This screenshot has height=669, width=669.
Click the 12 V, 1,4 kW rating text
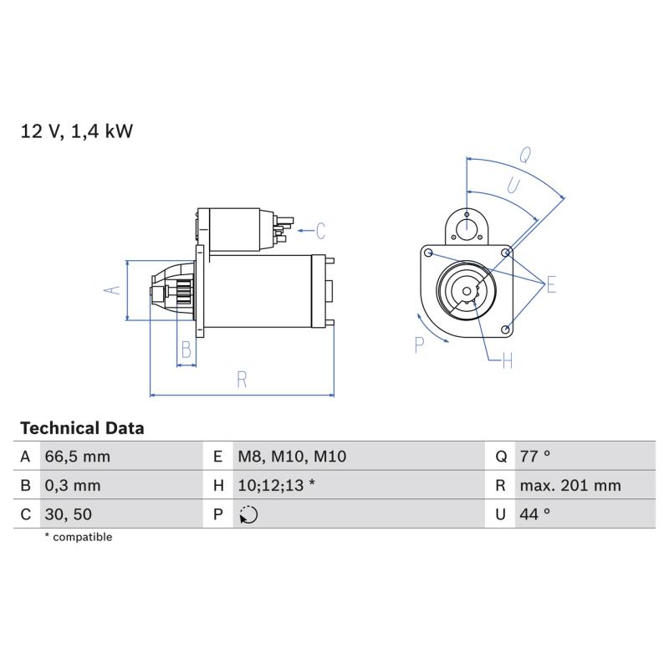coord(77,131)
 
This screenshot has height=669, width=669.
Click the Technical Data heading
coord(82,428)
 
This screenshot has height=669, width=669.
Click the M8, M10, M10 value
coord(292,457)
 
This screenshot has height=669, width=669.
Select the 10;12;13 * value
coord(277,486)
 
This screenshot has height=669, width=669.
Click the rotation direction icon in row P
coord(248,514)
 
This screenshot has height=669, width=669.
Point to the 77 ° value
coord(535,457)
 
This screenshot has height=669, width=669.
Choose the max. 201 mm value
coord(570,486)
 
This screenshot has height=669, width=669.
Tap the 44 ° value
coord(535,514)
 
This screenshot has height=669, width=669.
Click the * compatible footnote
coord(79,537)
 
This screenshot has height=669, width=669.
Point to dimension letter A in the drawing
coord(112,290)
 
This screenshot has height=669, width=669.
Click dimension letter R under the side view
coord(242,380)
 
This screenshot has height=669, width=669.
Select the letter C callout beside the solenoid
coord(321,231)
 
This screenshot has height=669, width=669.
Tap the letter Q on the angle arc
coord(525,156)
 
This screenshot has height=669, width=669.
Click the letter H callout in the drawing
coord(508,361)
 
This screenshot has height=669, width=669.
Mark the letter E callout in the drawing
coord(551,284)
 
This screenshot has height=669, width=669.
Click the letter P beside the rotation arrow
coord(420,345)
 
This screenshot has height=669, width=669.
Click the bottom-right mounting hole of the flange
coord(506,329)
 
